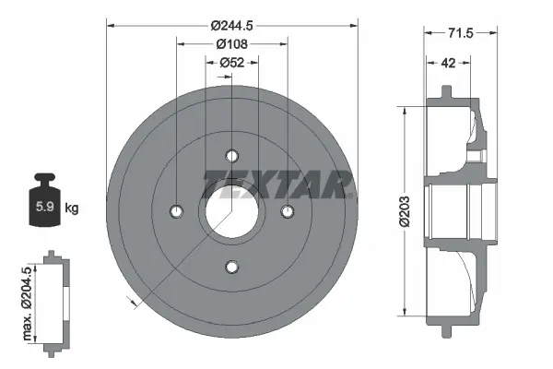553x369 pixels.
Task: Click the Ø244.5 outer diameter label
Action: [x=231, y=26]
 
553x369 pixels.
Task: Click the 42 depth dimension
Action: [x=447, y=64]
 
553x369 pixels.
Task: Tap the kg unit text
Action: [x=71, y=208]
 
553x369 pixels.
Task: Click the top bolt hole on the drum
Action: [x=231, y=155]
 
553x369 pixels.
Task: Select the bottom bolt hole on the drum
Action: [x=231, y=268]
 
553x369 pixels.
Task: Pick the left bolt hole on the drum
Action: [x=176, y=211]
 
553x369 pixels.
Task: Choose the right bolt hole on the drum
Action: [x=288, y=211]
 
